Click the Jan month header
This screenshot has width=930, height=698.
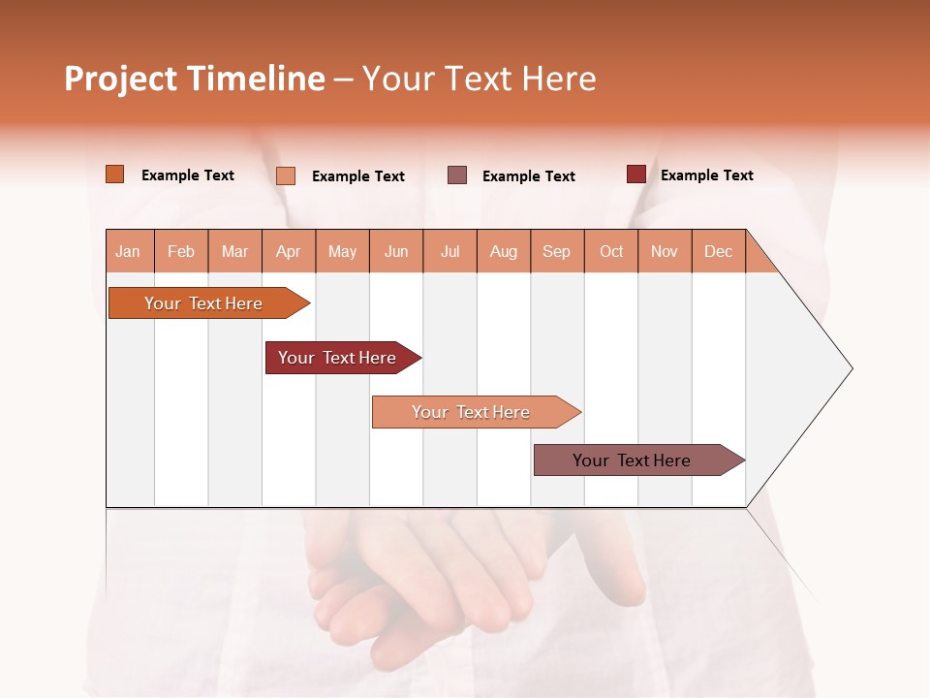pos(129,251)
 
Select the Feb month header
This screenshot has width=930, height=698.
pos(181,251)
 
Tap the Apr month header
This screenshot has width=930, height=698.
pos(289,251)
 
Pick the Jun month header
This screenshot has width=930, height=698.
pos(396,251)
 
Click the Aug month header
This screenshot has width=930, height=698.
pos(504,251)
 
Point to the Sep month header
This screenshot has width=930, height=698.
pos(557,251)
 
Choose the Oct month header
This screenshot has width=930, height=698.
pos(611,251)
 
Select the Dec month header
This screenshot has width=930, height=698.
pos(719,251)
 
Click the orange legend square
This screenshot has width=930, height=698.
pos(114,174)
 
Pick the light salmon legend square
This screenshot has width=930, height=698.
pos(286,175)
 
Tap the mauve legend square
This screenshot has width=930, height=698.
pos(457,175)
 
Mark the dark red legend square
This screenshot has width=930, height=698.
pos(635,174)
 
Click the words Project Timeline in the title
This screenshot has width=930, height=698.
pos(194,79)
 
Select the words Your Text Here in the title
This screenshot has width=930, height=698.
pos(480,79)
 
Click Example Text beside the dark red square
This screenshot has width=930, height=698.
pos(706,174)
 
